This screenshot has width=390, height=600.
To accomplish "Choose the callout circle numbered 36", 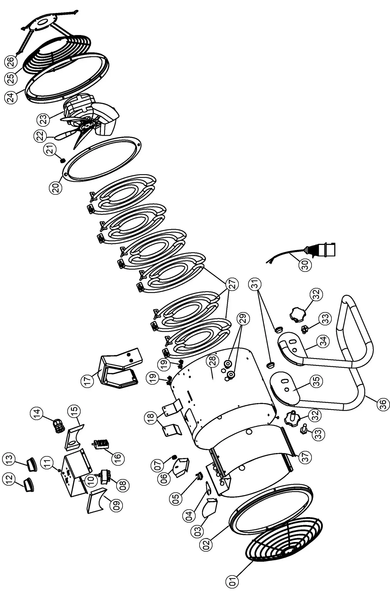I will pos(382,403).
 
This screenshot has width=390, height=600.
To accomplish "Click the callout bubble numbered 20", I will pos(56,187).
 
